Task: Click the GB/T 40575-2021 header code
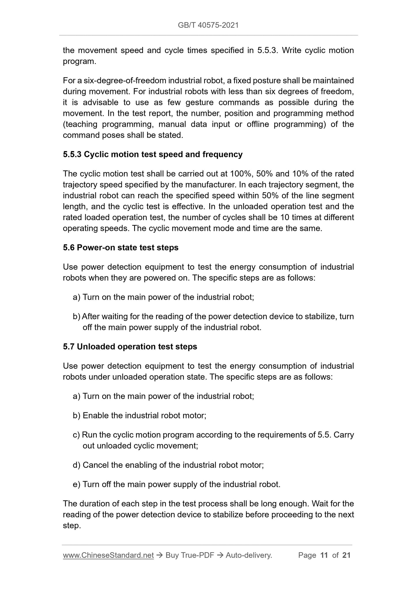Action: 208,25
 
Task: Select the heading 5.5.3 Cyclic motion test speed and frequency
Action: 153,154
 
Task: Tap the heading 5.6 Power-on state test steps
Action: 121,248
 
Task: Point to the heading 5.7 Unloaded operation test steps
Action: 130,346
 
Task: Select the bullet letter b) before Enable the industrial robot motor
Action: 76,416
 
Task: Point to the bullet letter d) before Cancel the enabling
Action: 76,465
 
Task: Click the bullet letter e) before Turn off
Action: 76,484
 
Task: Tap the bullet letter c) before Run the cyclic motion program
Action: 76,435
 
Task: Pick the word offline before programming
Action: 256,124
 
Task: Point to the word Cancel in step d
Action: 95,465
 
